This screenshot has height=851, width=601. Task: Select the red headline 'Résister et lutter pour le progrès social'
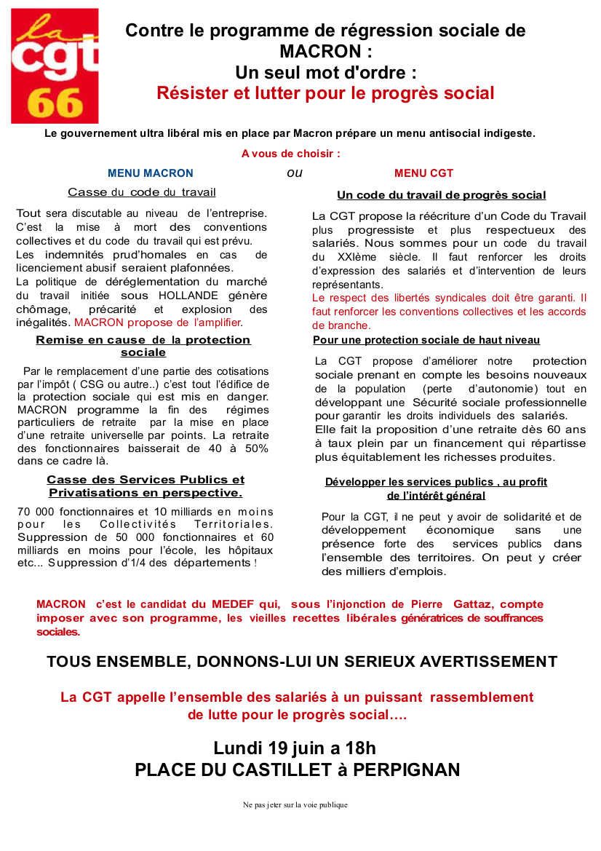(x=325, y=93)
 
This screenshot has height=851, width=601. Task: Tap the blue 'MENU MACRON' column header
(x=151, y=173)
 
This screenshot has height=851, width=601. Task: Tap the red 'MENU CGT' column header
(x=423, y=173)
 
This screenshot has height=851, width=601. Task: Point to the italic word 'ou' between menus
(x=294, y=173)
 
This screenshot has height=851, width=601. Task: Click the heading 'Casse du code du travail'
(x=141, y=193)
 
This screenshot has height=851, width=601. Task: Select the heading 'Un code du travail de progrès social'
(x=441, y=195)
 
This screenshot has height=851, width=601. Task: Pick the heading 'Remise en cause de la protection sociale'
(x=143, y=346)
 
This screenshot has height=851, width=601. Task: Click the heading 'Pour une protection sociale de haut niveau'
(x=426, y=340)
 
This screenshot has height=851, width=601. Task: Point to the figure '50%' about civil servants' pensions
(x=255, y=448)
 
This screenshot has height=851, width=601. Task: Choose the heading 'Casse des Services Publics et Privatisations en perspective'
(x=146, y=486)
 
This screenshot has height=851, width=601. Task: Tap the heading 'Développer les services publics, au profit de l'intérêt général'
(x=436, y=488)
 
